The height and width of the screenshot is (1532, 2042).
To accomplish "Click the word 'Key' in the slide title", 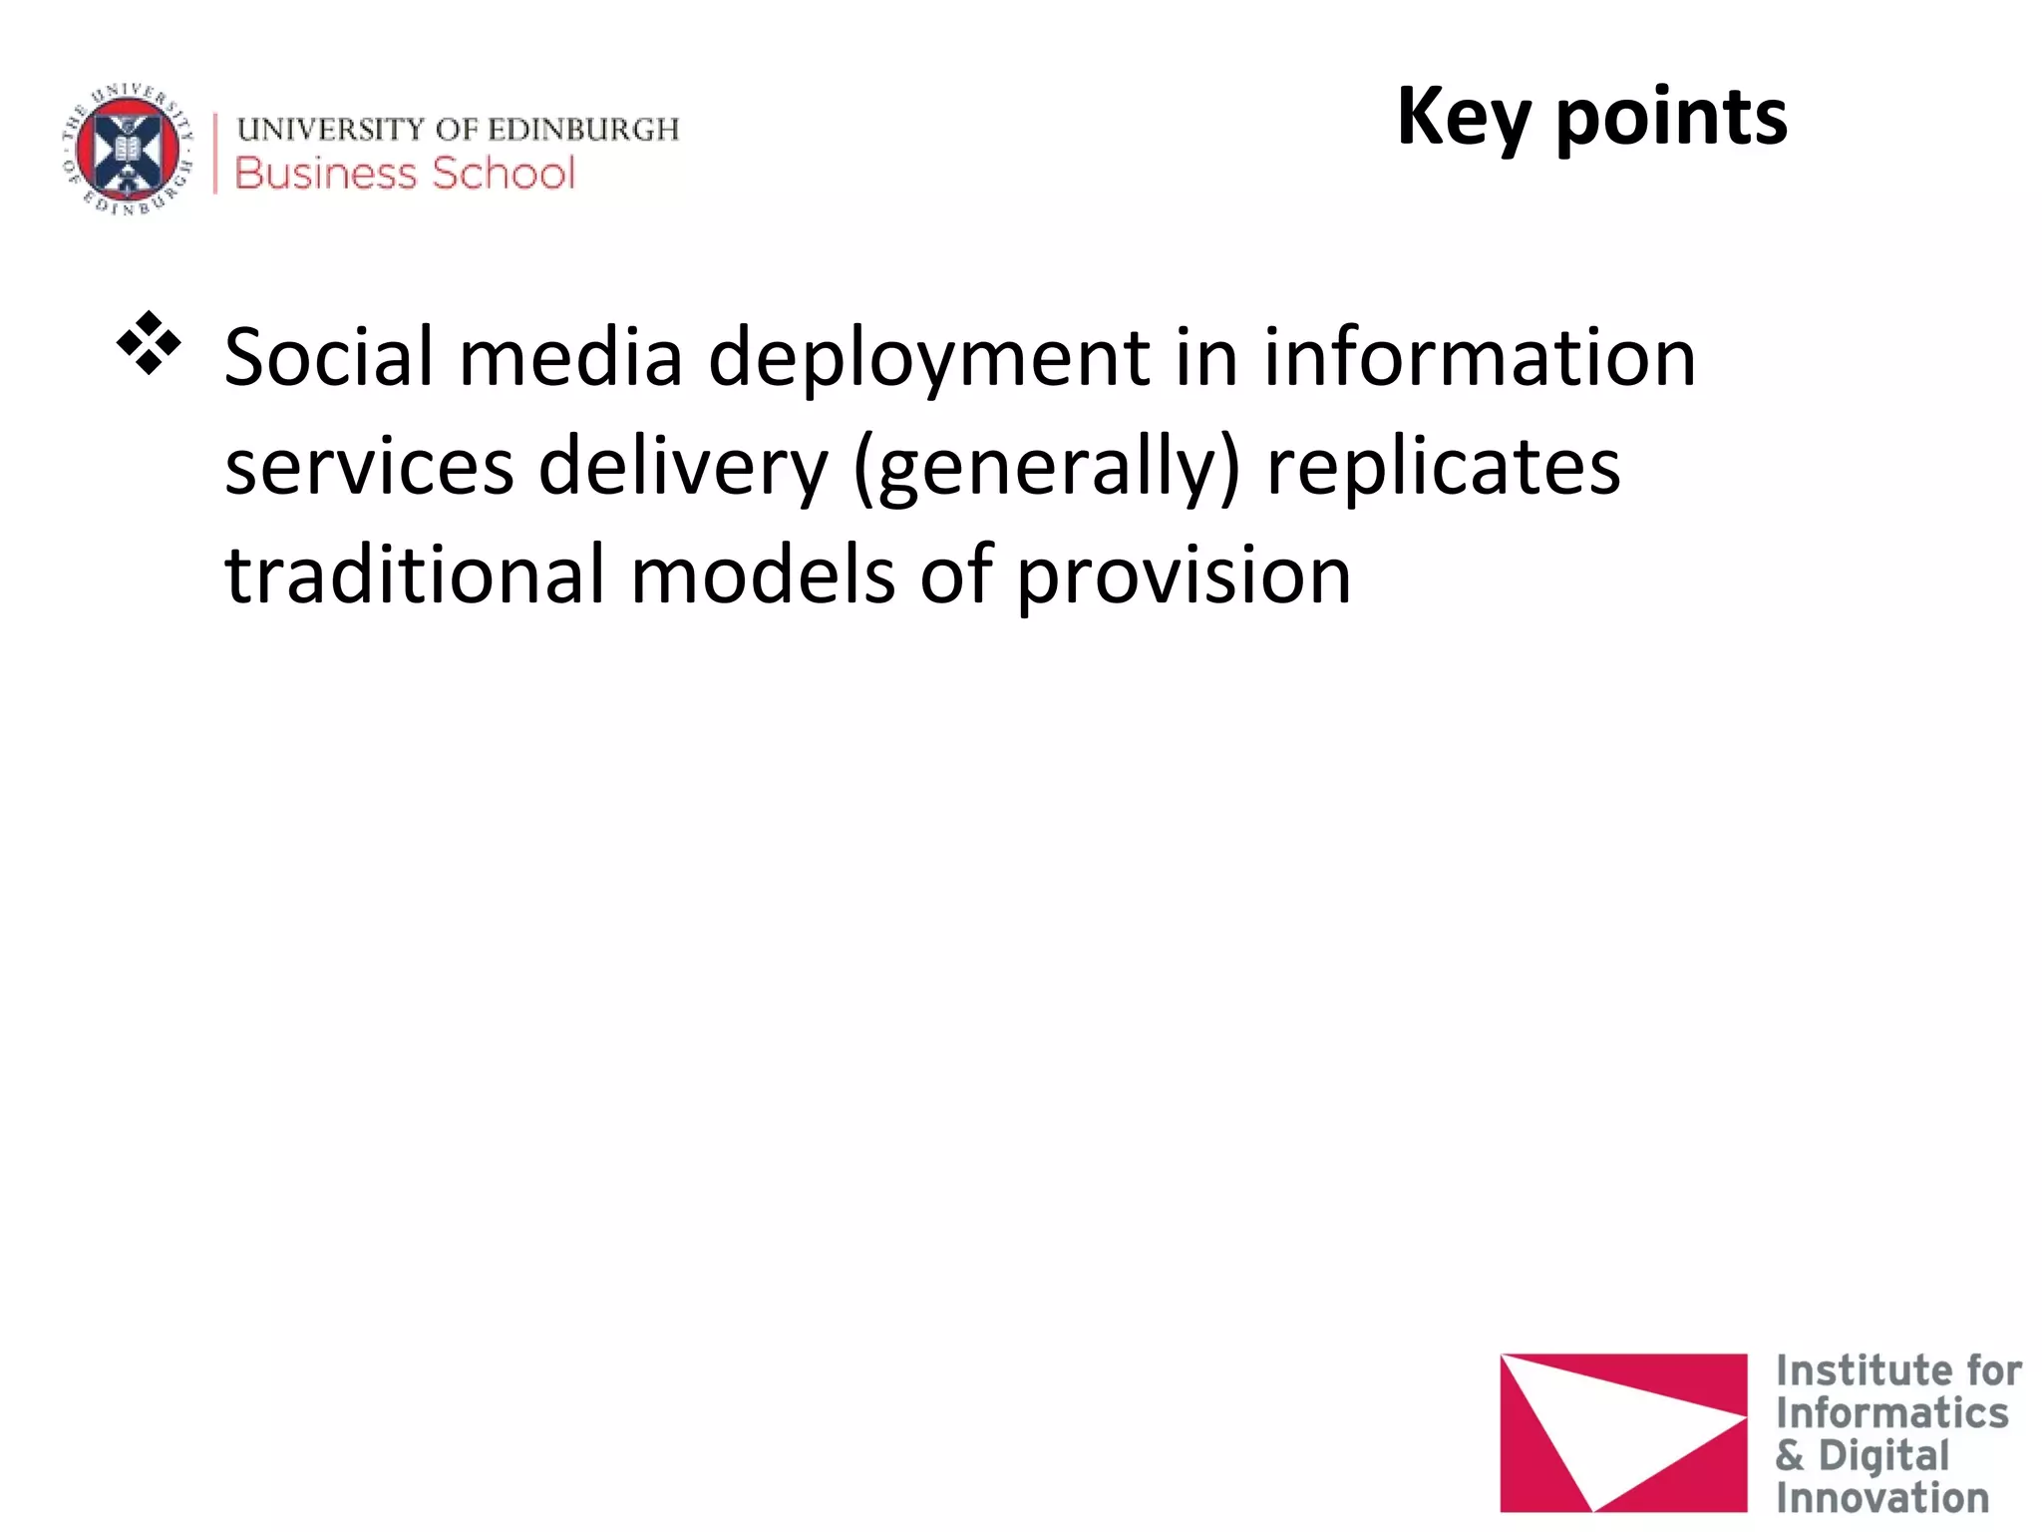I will click(1463, 118).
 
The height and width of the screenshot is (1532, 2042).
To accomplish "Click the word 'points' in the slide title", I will click(1672, 118).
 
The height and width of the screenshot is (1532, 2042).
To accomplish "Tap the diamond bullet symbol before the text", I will click(149, 343).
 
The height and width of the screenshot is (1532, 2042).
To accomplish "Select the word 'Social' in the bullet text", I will click(329, 357).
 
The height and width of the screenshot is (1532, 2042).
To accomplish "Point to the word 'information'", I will click(1480, 357).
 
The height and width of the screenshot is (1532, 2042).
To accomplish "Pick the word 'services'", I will click(369, 467).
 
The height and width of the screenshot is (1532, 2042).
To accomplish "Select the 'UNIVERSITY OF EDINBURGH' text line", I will click(458, 129).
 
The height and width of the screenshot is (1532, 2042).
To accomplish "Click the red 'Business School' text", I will click(405, 174).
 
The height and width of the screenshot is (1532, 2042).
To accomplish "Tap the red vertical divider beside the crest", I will click(215, 153).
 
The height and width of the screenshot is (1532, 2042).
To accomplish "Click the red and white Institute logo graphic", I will click(1622, 1431).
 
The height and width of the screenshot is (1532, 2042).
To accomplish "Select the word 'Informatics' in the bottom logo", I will click(1891, 1413).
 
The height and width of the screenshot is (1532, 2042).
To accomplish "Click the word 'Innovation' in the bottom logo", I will click(1881, 1498).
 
